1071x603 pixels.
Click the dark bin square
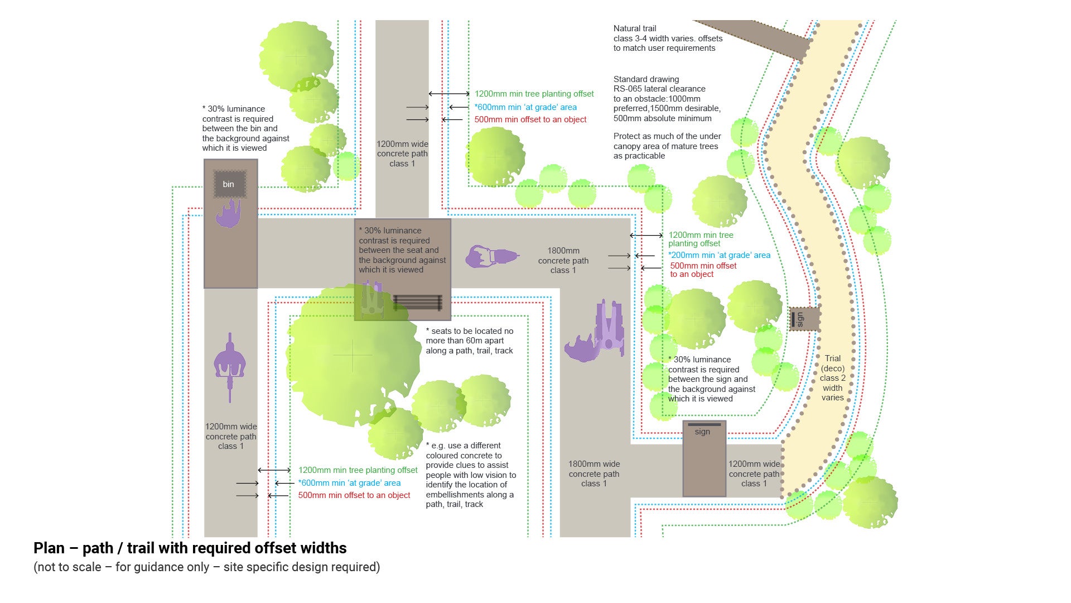(229, 184)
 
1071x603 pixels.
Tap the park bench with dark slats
(418, 303)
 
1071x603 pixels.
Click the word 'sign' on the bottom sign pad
(702, 432)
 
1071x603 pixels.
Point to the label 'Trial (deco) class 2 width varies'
(832, 378)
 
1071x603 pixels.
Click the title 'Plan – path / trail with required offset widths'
(190, 548)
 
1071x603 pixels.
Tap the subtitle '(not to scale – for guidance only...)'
(206, 567)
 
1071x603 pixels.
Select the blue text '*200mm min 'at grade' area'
(719, 255)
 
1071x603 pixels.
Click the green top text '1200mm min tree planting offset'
(534, 94)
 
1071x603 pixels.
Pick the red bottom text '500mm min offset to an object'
(354, 495)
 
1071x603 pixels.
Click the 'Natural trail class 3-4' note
(668, 38)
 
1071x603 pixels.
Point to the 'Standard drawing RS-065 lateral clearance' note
(667, 99)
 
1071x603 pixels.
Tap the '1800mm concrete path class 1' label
(563, 260)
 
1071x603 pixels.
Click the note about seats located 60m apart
(469, 341)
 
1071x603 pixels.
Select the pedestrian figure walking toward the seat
(492, 257)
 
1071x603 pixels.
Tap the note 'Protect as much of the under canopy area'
(667, 146)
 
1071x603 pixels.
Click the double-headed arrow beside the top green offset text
(449, 94)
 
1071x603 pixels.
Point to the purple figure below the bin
(228, 214)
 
